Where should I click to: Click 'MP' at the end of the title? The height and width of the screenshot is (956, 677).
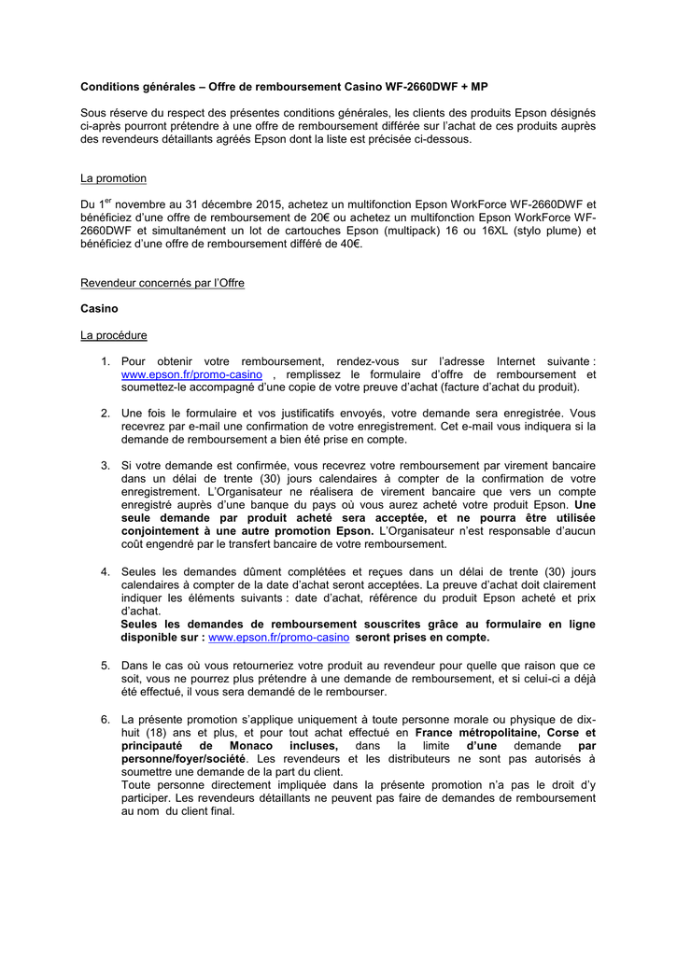pos(478,86)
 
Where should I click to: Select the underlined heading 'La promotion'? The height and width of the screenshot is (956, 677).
pos(113,177)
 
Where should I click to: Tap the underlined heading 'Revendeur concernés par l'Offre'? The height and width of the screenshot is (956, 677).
pos(162,282)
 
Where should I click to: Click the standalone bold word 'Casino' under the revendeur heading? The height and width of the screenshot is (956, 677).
pos(99,308)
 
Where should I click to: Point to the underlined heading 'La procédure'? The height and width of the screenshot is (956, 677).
pos(113,334)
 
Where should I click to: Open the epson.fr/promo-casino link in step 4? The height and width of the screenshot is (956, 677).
pos(278,637)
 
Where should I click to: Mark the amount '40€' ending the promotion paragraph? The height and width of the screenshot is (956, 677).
pos(348,244)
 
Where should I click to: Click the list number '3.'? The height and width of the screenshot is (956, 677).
pos(106,465)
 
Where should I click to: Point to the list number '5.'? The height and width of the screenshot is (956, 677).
pos(106,665)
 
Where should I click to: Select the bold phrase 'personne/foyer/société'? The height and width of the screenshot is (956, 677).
pos(183,760)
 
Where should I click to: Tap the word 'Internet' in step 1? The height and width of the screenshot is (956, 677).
pos(515,360)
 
